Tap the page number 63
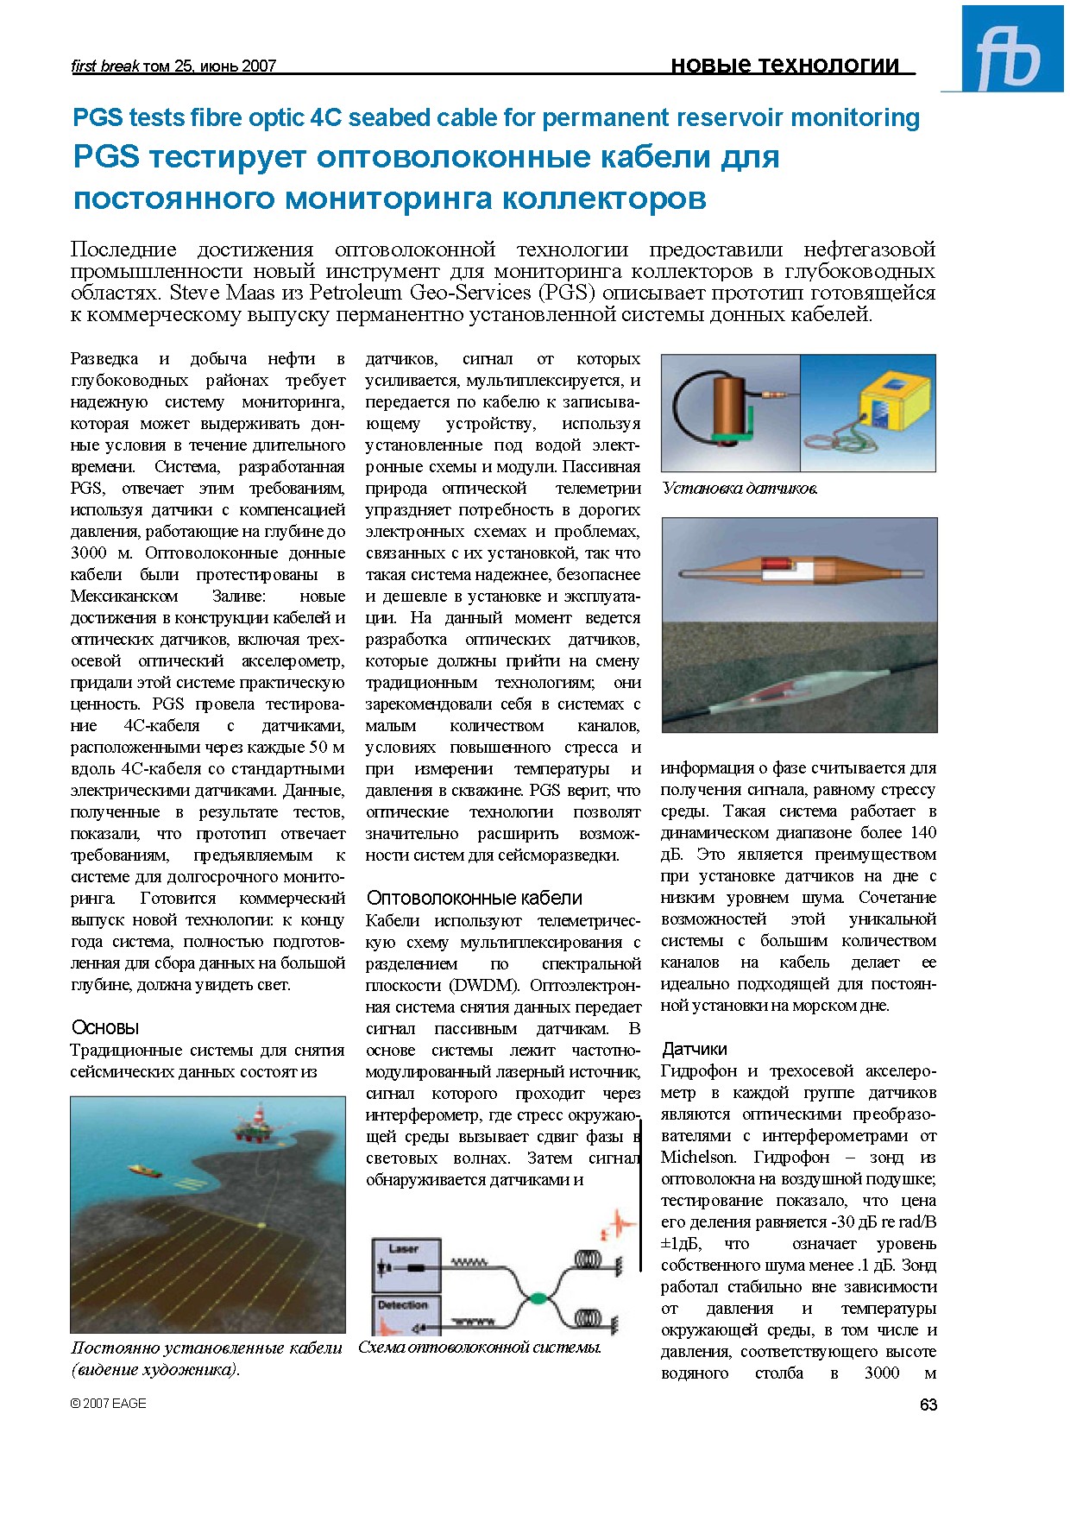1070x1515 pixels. (x=928, y=1405)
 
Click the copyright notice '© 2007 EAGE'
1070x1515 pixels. (x=108, y=1404)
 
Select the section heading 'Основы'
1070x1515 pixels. (x=104, y=1027)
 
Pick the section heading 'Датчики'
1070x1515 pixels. (x=694, y=1049)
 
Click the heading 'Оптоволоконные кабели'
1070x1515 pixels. (x=474, y=898)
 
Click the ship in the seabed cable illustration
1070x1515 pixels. (x=145, y=1171)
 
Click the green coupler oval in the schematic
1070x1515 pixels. (x=538, y=1297)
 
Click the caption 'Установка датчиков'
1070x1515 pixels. (x=740, y=489)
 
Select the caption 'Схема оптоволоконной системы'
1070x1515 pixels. (x=479, y=1348)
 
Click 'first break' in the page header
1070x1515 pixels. (x=104, y=66)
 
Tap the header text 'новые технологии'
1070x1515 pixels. (x=784, y=65)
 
